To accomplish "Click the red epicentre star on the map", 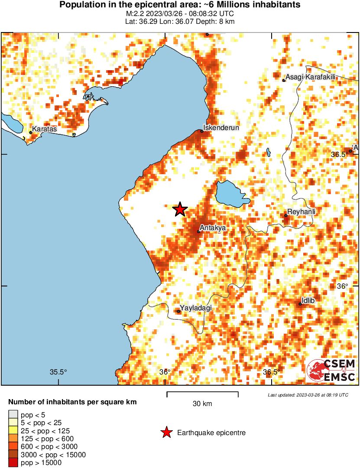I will click(x=180, y=210).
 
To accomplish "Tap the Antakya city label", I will click(x=213, y=227).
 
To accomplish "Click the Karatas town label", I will click(x=45, y=129).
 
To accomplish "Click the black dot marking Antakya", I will click(x=199, y=231).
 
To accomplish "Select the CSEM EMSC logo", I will click(x=331, y=370).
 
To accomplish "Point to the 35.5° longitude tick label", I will click(x=58, y=372).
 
